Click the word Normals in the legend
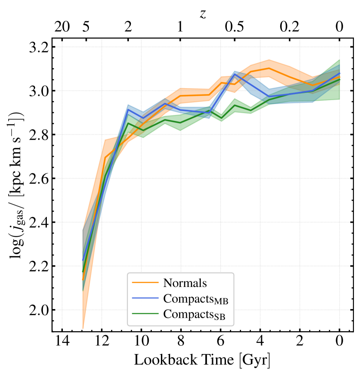pyautogui.click(x=185, y=283)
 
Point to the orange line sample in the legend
pyautogui.click(x=145, y=283)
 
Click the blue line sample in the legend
pyautogui.click(x=145, y=298)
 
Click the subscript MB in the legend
pyautogui.click(x=221, y=301)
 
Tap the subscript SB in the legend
pyautogui.click(x=219, y=317)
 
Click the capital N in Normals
pyautogui.click(x=167, y=283)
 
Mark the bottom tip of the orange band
pyautogui.click(x=83, y=329)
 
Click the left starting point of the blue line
pyautogui.click(x=83, y=260)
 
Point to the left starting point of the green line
pyautogui.click(x=83, y=272)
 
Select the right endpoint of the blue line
pyautogui.click(x=339, y=74)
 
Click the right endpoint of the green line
pyautogui.click(x=339, y=79)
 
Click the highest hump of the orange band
pyautogui.click(x=269, y=60)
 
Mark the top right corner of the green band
pyautogui.click(x=339, y=59)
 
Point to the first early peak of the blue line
pyautogui.click(x=128, y=109)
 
